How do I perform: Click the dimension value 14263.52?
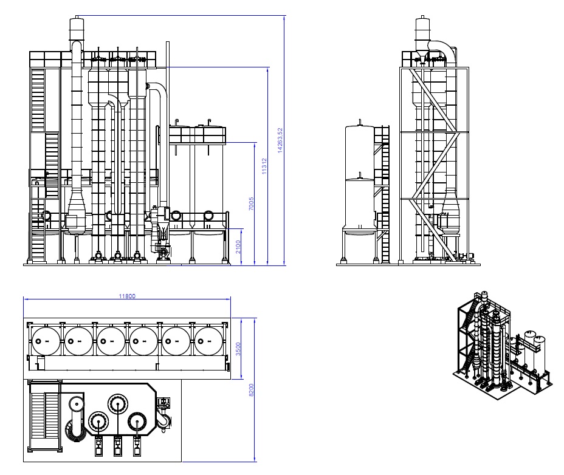(280, 140)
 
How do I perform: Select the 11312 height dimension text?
(264, 166)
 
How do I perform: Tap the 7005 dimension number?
(251, 203)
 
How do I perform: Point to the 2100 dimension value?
(238, 247)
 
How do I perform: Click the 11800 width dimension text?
(127, 296)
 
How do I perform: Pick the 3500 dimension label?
(238, 349)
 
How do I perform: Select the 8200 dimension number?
(252, 390)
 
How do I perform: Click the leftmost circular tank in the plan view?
(46, 341)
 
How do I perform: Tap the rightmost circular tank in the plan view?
(208, 341)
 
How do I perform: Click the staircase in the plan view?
(44, 416)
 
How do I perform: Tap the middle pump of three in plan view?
(118, 446)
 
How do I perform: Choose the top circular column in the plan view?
(118, 404)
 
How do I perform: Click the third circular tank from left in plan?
(111, 341)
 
